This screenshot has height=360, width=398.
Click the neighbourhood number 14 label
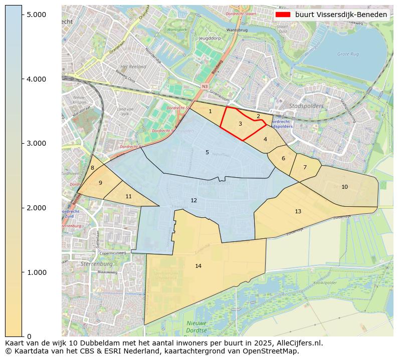click(198, 266)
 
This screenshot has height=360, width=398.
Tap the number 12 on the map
click(193, 200)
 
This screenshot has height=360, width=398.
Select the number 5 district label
click(207, 152)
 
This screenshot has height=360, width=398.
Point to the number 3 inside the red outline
click(240, 124)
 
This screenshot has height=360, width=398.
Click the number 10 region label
click(344, 187)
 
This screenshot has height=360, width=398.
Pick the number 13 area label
click(298, 211)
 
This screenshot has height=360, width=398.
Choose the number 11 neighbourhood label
click(128, 196)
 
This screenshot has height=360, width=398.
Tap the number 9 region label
click(100, 183)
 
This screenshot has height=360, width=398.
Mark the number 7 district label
click(304, 167)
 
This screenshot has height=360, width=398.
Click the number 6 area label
click(283, 158)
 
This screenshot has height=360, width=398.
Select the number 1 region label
click(210, 111)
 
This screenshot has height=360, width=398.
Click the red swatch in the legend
click(283, 15)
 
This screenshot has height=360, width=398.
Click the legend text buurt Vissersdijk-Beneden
click(341, 15)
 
